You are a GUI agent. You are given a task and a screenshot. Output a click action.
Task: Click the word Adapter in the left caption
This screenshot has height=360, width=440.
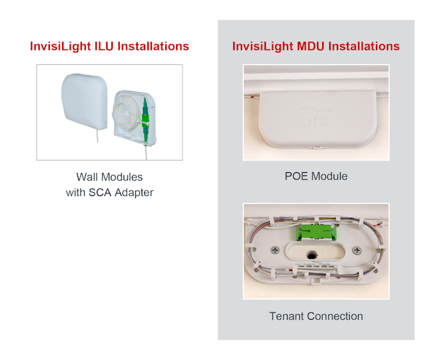coord(134,192)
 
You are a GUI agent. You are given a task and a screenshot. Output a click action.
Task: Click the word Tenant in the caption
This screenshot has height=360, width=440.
coord(287,316)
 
